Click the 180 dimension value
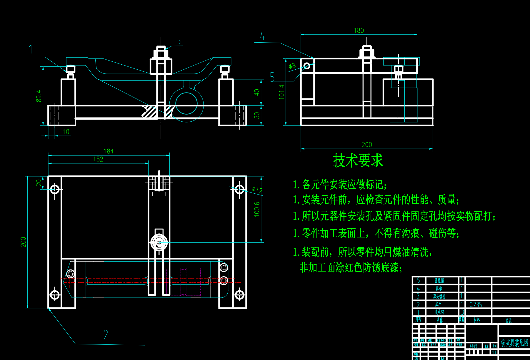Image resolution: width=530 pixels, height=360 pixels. tap(359, 31)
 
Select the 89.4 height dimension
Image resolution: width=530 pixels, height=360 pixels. tap(39, 96)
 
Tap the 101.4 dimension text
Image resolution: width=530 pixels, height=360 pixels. tap(282, 92)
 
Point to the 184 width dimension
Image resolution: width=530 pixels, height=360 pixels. tap(109, 151)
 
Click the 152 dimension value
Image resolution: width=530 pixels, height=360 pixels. tap(98, 159)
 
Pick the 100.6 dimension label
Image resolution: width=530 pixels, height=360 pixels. tap(257, 209)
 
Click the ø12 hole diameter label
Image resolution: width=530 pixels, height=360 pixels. tap(257, 190)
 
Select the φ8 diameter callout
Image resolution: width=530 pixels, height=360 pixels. tap(292, 66)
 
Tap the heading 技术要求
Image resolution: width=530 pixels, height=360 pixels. tap(358, 160)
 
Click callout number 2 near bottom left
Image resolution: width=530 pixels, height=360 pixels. tap(106, 335)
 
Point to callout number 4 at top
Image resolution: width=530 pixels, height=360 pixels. tap(262, 36)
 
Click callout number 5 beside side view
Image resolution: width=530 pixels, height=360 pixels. tap(272, 77)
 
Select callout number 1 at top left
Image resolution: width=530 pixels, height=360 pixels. tap(31, 49)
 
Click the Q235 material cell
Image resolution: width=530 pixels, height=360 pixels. tap(476, 305)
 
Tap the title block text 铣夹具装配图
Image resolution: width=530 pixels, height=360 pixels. tap(514, 343)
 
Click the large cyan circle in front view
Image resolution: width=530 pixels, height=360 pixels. tap(186, 103)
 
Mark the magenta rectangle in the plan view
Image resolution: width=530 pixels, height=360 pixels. tap(184, 282)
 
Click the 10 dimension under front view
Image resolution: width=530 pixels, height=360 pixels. tap(66, 132)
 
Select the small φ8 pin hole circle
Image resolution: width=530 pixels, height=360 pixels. tap(307, 66)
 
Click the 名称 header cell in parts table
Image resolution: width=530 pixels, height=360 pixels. tap(439, 320)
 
